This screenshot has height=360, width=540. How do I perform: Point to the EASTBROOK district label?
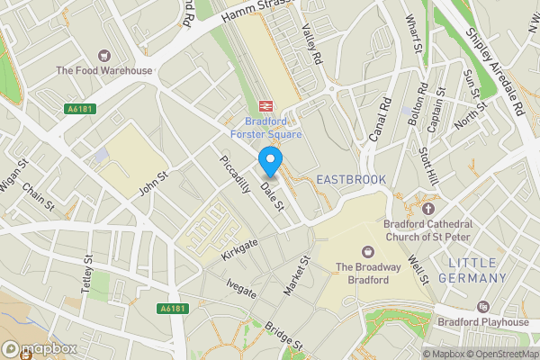pyautogui.click(x=351, y=180)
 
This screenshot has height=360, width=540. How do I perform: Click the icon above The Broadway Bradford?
pyautogui.click(x=367, y=251)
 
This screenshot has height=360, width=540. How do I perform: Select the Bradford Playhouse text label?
pyautogui.click(x=482, y=322)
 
